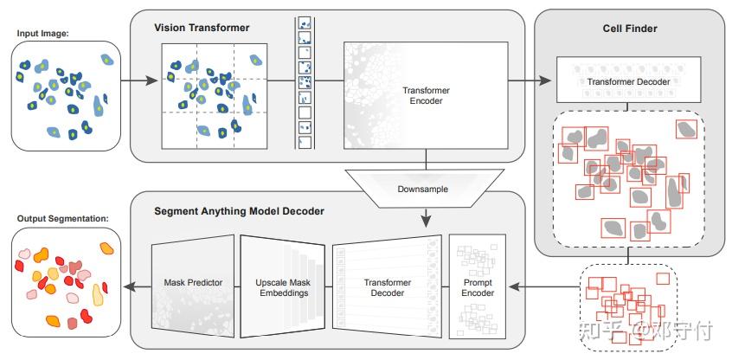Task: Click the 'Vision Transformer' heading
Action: tap(202, 28)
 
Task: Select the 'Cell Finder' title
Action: tap(629, 29)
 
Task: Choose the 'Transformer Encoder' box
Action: tap(423, 95)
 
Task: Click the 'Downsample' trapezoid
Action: tap(422, 188)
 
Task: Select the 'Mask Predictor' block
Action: tap(193, 282)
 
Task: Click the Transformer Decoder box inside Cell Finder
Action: tap(629, 82)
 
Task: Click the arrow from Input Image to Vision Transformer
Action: tap(139, 82)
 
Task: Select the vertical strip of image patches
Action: tap(304, 82)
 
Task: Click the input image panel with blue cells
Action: tap(66, 95)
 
